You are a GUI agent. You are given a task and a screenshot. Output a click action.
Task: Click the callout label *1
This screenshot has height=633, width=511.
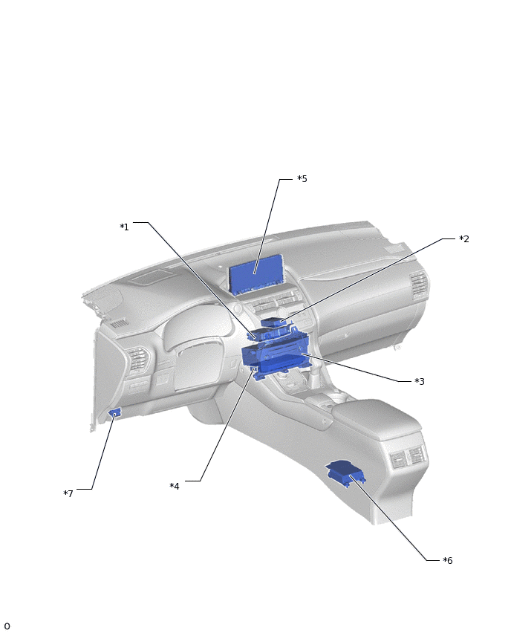[x=124, y=227]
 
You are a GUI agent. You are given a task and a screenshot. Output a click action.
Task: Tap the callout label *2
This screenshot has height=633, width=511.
[x=464, y=239]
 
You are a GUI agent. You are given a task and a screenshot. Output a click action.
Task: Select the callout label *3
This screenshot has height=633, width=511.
[x=420, y=381]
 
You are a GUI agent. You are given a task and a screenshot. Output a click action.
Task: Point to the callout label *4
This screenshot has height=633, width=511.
[x=175, y=486]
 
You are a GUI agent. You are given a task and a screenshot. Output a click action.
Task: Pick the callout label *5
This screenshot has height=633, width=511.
[x=302, y=179]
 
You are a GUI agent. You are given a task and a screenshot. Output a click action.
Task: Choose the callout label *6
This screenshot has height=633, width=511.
[x=448, y=560]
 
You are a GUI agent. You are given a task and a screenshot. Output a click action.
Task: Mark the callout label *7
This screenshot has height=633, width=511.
[x=68, y=493]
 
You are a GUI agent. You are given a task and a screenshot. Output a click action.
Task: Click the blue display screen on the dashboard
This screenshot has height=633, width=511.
[x=256, y=274]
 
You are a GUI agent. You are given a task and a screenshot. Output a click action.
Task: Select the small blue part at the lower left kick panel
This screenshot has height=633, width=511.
[x=114, y=413]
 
